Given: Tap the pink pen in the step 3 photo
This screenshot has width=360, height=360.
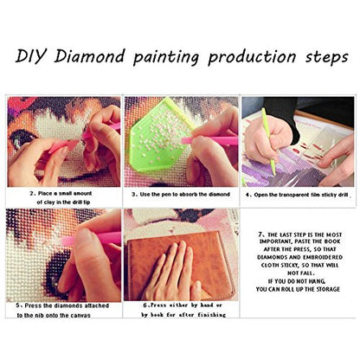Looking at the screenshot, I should click(208, 140).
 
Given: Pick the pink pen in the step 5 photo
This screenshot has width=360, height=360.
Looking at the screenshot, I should click(87, 237).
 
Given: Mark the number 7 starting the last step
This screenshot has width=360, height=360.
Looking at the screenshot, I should click(261, 234).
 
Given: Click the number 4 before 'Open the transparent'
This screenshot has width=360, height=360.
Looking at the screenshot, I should click(249, 194).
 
